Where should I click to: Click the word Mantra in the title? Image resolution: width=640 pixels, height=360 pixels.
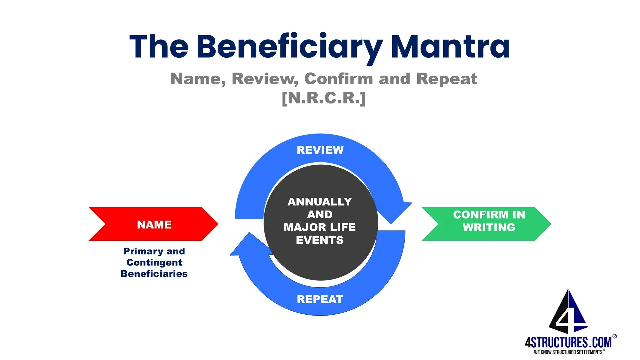tap(450, 47)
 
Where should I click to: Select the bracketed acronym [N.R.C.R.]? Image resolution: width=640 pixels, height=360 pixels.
tap(324, 98)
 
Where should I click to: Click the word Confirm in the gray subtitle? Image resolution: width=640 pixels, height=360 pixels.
tap(339, 79)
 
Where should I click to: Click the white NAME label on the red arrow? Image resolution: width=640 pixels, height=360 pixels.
tap(154, 225)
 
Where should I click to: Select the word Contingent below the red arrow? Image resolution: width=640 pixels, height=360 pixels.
tap(154, 262)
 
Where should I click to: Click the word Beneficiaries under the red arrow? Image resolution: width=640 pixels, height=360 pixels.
tap(154, 274)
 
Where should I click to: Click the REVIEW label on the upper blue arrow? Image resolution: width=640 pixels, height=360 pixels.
tap(320, 150)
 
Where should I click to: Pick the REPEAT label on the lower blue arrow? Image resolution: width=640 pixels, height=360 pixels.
tap(320, 299)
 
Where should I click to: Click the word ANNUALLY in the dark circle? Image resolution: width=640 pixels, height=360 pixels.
tap(320, 202)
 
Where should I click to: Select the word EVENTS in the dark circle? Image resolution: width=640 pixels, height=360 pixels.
tap(320, 240)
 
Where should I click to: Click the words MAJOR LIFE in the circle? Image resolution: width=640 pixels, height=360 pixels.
tap(320, 227)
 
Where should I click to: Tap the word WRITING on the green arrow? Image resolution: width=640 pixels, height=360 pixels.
tap(489, 228)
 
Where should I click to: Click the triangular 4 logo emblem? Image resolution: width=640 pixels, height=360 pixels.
tap(568, 313)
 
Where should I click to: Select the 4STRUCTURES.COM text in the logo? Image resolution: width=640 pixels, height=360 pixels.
tap(568, 342)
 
